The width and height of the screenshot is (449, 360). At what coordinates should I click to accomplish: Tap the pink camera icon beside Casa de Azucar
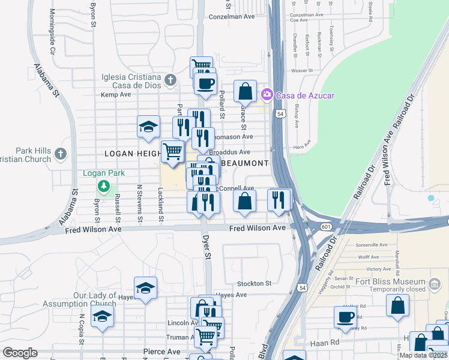click(x=267, y=95)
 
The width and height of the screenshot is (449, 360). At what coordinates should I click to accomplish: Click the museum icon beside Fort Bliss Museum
click(x=436, y=283)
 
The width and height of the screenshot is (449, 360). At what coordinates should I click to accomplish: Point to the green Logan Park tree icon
click(x=104, y=185)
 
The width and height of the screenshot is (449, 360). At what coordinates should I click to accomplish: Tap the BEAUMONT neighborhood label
click(x=244, y=163)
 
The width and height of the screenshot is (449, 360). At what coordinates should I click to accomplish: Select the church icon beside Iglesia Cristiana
click(x=170, y=80)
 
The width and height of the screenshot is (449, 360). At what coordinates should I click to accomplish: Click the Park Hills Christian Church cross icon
click(x=60, y=154)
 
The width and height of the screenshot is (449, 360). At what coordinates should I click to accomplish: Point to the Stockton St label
click(x=255, y=283)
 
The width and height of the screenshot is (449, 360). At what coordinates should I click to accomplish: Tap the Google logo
click(x=20, y=353)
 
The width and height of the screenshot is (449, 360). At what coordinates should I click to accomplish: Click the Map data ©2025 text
click(x=423, y=355)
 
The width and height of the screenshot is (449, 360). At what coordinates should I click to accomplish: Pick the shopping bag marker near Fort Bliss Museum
click(x=397, y=305)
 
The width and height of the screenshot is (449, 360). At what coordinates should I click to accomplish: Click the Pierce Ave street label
click(x=161, y=351)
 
